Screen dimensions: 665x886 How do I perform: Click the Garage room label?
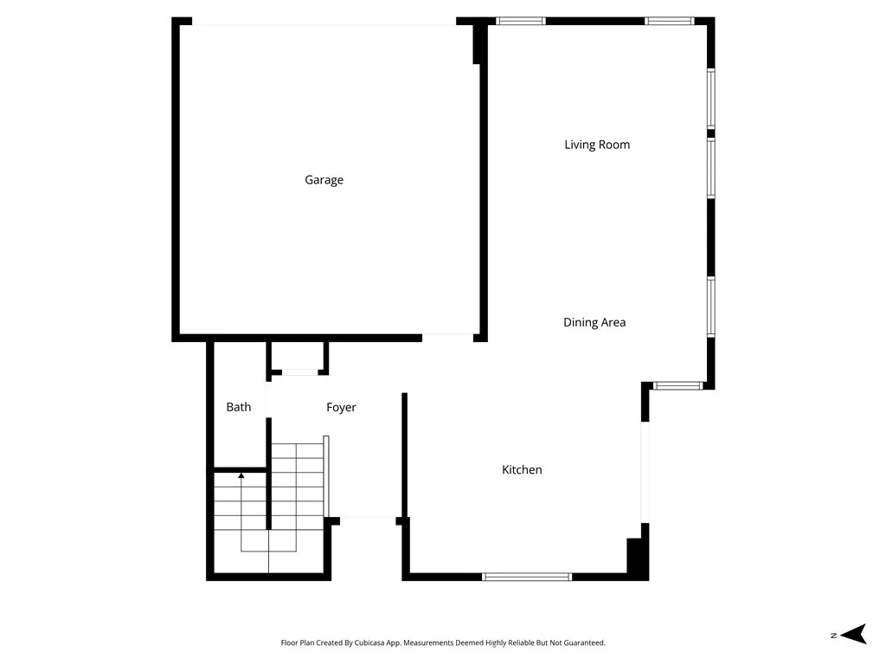click(x=324, y=180)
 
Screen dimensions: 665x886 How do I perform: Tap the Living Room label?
click(x=597, y=145)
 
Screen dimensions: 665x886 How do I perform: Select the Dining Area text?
click(x=594, y=322)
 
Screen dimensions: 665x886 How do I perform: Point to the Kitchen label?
click(x=522, y=469)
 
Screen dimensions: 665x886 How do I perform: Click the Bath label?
click(x=239, y=407)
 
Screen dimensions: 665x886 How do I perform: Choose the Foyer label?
click(x=341, y=407)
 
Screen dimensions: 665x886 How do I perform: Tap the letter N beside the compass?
click(x=833, y=636)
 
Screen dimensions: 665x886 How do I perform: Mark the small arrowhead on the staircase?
click(x=241, y=475)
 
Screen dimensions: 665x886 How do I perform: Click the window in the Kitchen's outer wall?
click(x=526, y=576)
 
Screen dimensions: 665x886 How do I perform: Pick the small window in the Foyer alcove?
click(x=299, y=372)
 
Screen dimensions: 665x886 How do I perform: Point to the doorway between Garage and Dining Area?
click(x=447, y=336)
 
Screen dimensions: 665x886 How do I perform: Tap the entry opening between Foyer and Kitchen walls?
click(x=368, y=520)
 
